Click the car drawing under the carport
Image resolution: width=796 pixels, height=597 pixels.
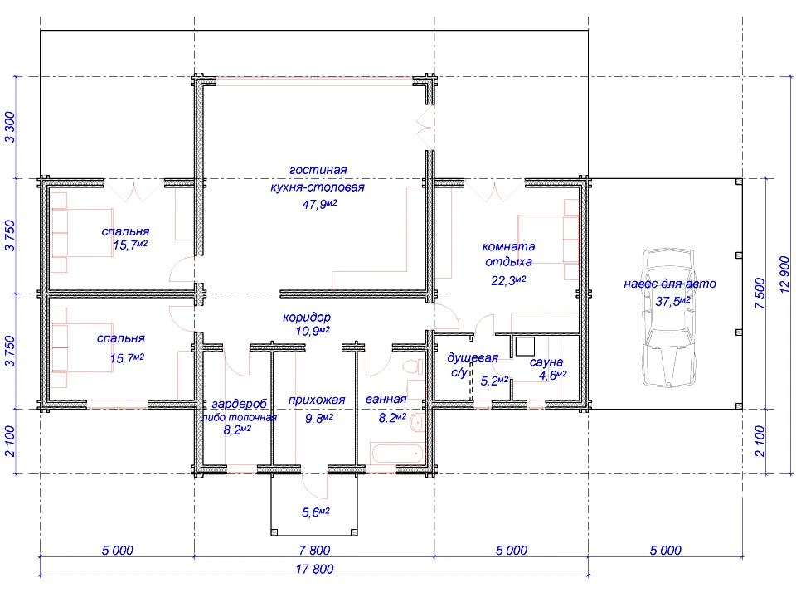coord(668,318)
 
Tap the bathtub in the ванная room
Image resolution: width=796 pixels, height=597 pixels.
coord(397,454)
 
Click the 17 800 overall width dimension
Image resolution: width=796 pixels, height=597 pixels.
coord(315,569)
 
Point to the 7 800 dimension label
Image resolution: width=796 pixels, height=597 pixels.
coord(315,551)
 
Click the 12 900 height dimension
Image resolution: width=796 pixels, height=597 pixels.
coord(784,274)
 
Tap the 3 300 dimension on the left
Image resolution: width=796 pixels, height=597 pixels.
coord(10,128)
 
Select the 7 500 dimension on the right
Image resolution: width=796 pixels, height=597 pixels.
coord(760,293)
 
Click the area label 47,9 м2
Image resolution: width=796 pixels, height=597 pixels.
coord(320,204)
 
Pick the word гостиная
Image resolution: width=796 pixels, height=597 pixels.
coord(318,170)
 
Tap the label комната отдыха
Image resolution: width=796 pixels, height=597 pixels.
coord(508,254)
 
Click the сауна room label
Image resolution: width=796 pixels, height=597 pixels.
coord(546,362)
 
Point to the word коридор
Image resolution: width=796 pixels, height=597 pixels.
coord(307,318)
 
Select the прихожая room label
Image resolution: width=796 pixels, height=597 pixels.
coord(317,400)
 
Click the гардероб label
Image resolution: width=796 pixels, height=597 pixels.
coord(239,404)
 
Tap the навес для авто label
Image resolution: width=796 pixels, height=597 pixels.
coord(670,284)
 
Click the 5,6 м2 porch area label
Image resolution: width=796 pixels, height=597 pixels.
coord(316,512)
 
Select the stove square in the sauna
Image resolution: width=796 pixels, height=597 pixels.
coord(525,347)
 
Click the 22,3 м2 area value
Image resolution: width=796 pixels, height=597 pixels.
coord(508,280)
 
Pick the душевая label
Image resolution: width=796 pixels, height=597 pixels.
coord(472,358)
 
